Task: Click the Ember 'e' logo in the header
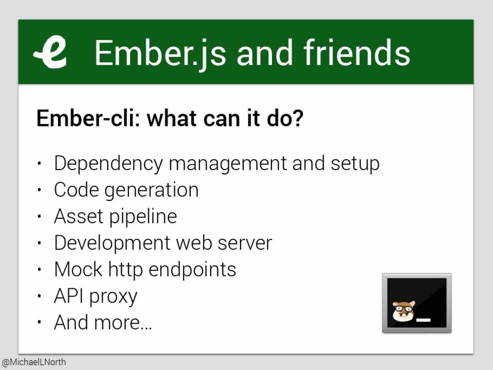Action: point(51,52)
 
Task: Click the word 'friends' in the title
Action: point(357,52)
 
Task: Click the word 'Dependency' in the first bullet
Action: point(108,164)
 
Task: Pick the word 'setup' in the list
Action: point(355,164)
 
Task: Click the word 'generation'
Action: point(151,191)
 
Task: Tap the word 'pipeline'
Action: point(143,217)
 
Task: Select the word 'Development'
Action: point(112,244)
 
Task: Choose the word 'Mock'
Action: point(78,269)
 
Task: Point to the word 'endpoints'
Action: point(192,270)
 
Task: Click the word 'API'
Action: point(69,296)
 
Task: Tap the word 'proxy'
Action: point(114,298)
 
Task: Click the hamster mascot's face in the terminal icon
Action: point(404,311)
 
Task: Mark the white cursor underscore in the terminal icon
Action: point(423,320)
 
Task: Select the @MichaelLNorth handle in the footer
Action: point(33,362)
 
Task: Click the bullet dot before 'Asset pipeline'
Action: point(39,216)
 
